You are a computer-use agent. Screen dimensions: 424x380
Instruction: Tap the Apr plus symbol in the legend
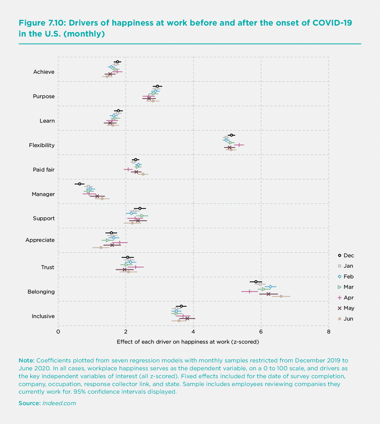340,298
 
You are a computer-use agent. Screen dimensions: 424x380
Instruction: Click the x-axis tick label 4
193,331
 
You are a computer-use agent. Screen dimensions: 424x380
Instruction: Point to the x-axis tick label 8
328,331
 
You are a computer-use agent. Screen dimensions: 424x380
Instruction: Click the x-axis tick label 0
58,331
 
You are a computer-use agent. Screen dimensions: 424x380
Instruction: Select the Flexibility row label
42,145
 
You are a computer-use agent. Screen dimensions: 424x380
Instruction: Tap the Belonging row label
41,292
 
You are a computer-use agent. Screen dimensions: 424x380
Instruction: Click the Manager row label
43,194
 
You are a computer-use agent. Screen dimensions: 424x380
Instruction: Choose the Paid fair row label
44,170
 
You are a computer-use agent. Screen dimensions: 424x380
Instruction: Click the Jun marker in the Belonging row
281,296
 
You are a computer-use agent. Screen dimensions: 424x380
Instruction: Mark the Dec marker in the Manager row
80,184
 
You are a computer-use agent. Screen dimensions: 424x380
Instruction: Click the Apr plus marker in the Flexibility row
239,145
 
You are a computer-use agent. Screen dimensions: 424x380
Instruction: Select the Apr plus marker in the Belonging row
249,292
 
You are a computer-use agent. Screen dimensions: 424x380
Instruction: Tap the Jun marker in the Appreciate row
101,248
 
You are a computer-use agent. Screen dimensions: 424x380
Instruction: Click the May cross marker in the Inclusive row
187,318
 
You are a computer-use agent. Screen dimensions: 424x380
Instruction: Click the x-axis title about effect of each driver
188,342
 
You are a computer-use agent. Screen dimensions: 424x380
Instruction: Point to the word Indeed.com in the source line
59,403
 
